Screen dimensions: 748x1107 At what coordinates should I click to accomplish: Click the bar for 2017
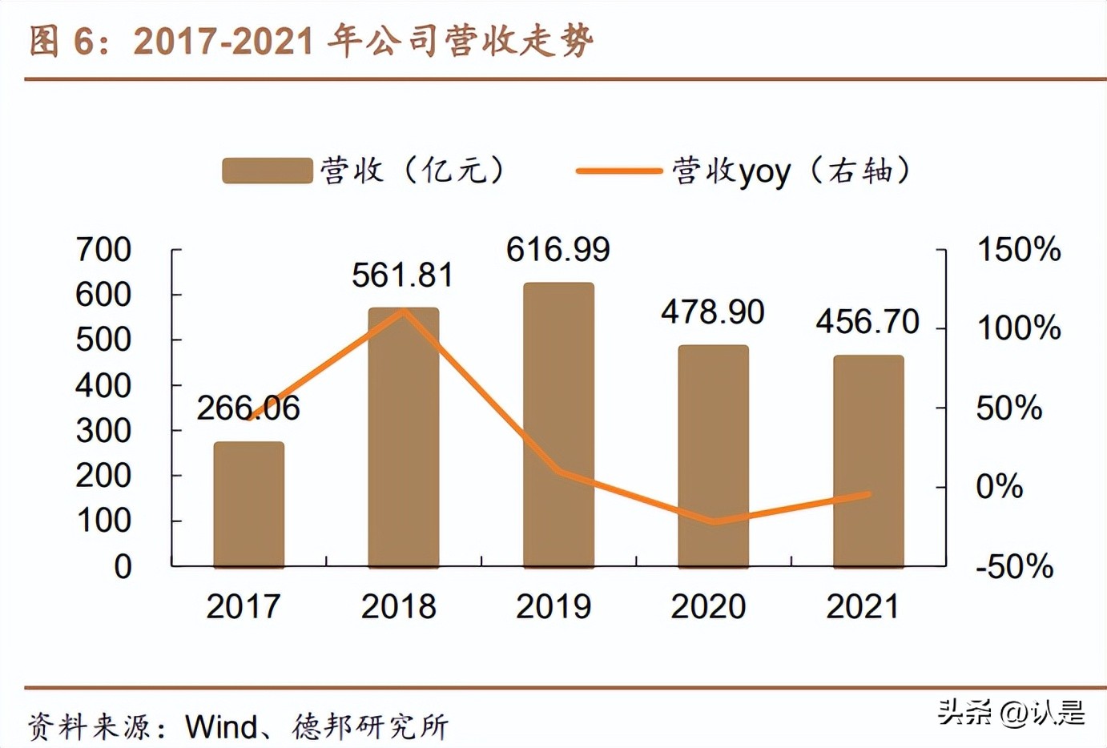[x=248, y=505]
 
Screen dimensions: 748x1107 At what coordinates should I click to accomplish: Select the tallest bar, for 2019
[x=558, y=424]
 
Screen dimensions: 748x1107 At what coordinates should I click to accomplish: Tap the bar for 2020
[x=713, y=456]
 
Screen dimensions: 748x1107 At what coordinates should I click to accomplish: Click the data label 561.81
[x=402, y=275]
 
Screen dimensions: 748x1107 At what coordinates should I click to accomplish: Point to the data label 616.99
[x=558, y=250]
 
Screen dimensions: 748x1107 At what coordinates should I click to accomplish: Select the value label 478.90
[x=712, y=312]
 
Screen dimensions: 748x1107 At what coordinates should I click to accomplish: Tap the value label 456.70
[x=867, y=322]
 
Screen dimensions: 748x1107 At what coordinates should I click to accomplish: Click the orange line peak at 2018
[x=405, y=310]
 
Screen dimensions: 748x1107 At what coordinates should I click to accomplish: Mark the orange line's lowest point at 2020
[x=714, y=521]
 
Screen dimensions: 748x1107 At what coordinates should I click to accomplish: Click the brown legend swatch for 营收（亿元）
[x=267, y=171]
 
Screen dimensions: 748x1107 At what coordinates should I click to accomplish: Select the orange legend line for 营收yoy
[x=618, y=171]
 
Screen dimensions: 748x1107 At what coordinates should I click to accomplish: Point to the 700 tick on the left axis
[x=103, y=250]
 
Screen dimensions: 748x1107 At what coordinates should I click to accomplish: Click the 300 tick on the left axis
[x=103, y=431]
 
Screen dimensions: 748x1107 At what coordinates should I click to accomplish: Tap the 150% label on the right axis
[x=1018, y=250]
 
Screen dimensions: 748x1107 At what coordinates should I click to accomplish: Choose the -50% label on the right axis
[x=1014, y=566]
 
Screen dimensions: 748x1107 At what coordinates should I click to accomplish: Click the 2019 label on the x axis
[x=553, y=606]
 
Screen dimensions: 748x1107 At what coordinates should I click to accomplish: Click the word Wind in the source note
[x=220, y=727]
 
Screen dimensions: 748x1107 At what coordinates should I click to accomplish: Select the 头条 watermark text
[x=964, y=711]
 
